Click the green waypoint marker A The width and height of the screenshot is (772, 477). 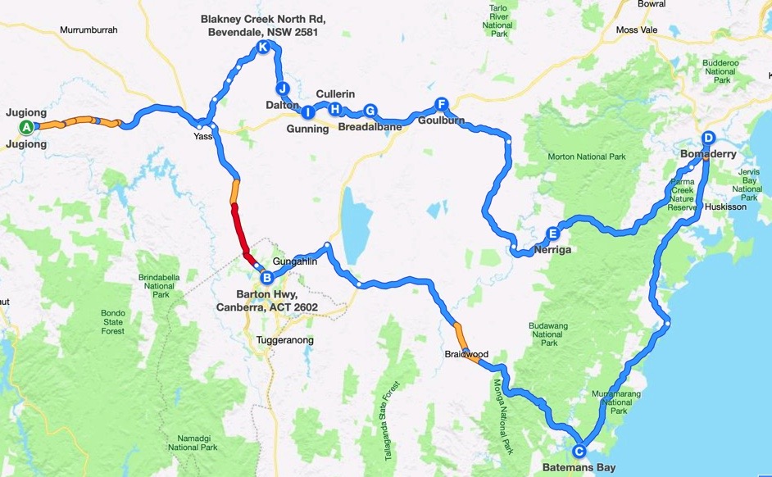point(26,127)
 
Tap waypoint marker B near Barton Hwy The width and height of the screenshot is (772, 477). point(266,277)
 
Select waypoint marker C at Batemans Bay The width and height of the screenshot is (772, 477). point(579,450)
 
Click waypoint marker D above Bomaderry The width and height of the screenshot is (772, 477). point(708,138)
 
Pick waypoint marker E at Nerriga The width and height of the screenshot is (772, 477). point(553,233)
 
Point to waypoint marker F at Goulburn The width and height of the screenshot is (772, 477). point(441,104)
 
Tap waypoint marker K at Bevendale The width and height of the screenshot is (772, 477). point(262,47)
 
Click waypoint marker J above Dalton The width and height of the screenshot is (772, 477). point(283,89)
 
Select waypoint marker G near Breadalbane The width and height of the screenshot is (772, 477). point(370,111)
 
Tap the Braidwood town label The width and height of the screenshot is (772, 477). point(466,355)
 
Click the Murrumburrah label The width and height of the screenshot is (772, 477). point(89,30)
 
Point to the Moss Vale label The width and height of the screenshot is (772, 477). point(638,30)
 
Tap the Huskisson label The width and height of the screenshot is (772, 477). point(721,207)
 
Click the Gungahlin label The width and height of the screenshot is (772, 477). point(293,260)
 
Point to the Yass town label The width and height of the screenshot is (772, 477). point(203,136)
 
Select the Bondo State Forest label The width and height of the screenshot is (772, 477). point(113,321)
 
